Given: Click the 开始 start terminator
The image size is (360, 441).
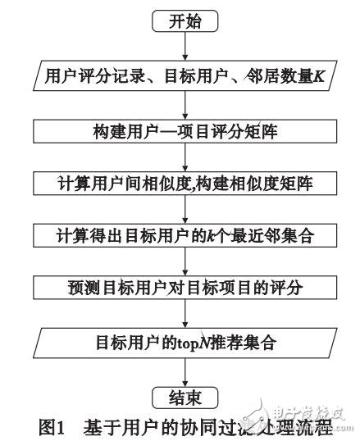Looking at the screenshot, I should (184, 21).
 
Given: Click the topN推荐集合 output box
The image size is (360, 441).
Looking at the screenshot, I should (184, 342).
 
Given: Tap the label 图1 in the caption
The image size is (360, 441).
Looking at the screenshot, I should (56, 426).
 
